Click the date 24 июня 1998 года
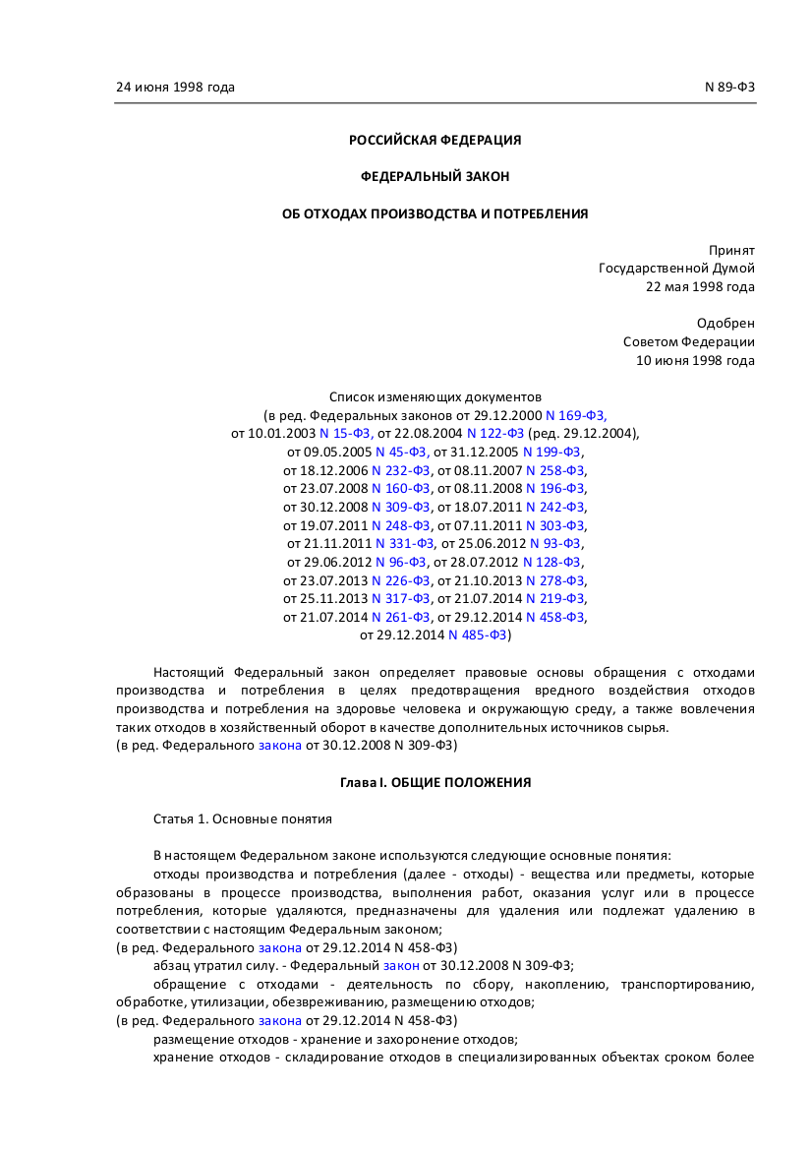point(175,87)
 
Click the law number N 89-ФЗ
point(729,87)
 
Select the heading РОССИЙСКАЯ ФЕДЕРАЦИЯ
point(435,140)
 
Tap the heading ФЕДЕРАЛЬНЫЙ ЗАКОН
point(435,176)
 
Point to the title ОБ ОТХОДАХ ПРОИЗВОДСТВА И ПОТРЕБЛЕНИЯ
point(435,213)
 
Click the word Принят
point(731,250)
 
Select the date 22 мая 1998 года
point(700,286)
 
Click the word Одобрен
point(725,323)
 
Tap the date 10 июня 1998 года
point(695,360)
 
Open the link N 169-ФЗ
point(583,415)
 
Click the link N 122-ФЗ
point(494,433)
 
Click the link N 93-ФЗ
point(555,543)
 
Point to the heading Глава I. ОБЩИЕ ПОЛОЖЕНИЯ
point(435,782)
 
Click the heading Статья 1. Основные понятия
point(242,818)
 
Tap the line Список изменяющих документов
point(435,396)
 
